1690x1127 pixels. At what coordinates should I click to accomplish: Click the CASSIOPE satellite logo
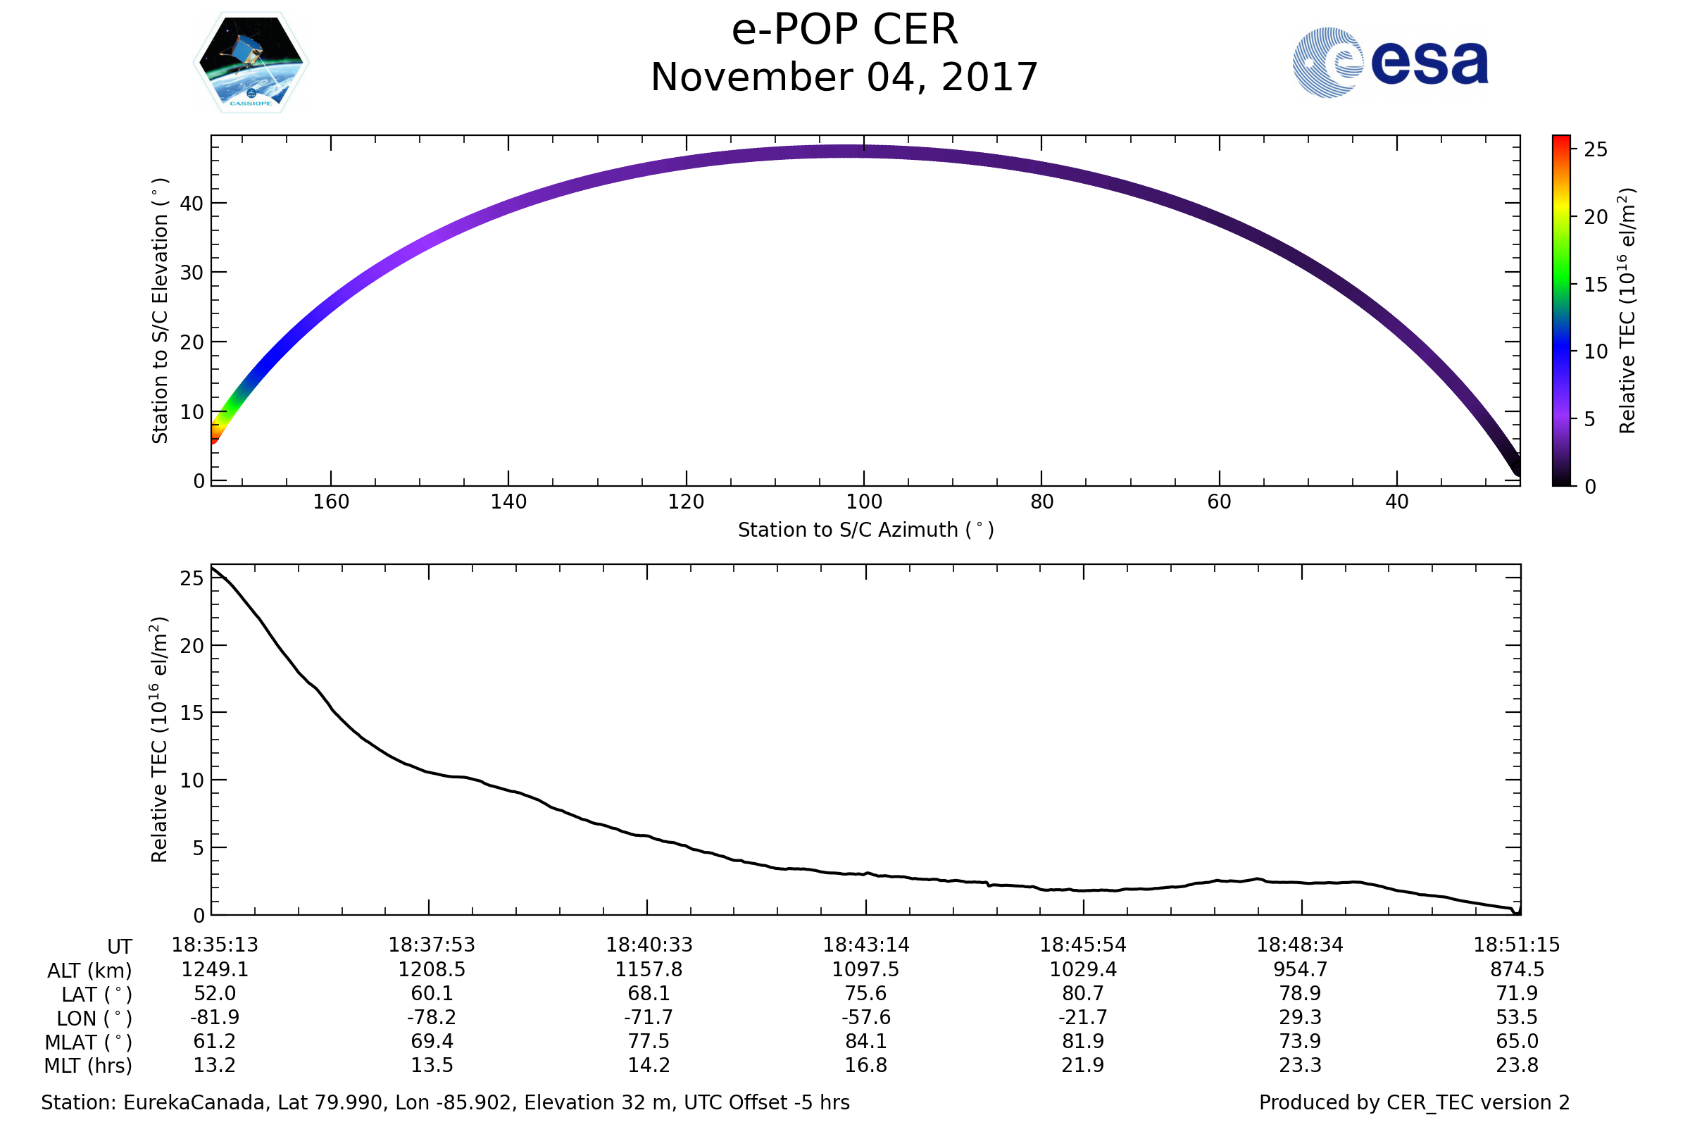coord(251,63)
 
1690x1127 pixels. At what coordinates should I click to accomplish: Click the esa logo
coord(1389,63)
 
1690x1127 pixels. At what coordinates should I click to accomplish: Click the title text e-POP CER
coord(844,30)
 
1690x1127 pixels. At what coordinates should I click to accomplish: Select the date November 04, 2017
coord(844,77)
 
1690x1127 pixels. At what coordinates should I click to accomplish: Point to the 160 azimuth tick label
coord(330,502)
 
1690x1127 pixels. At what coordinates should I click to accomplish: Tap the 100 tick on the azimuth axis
coord(864,502)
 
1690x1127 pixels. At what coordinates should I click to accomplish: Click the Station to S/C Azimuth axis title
coord(866,530)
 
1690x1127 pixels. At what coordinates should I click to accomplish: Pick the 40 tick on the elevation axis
coord(192,204)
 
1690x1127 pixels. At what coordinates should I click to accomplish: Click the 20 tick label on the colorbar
coord(1596,217)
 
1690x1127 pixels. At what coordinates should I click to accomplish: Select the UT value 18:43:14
coord(866,945)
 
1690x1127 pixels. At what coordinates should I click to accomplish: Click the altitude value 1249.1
coord(215,970)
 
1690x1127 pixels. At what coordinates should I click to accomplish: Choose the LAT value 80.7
coord(1083,993)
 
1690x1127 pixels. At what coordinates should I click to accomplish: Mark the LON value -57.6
coord(866,1018)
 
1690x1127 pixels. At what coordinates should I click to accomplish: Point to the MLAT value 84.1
coord(866,1042)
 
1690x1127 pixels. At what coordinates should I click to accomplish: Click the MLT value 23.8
coord(1517,1065)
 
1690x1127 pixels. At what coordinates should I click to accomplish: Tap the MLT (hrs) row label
coord(89,1066)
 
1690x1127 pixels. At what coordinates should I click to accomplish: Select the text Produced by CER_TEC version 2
coord(1414,1102)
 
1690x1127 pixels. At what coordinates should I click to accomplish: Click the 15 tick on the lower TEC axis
coord(192,713)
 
